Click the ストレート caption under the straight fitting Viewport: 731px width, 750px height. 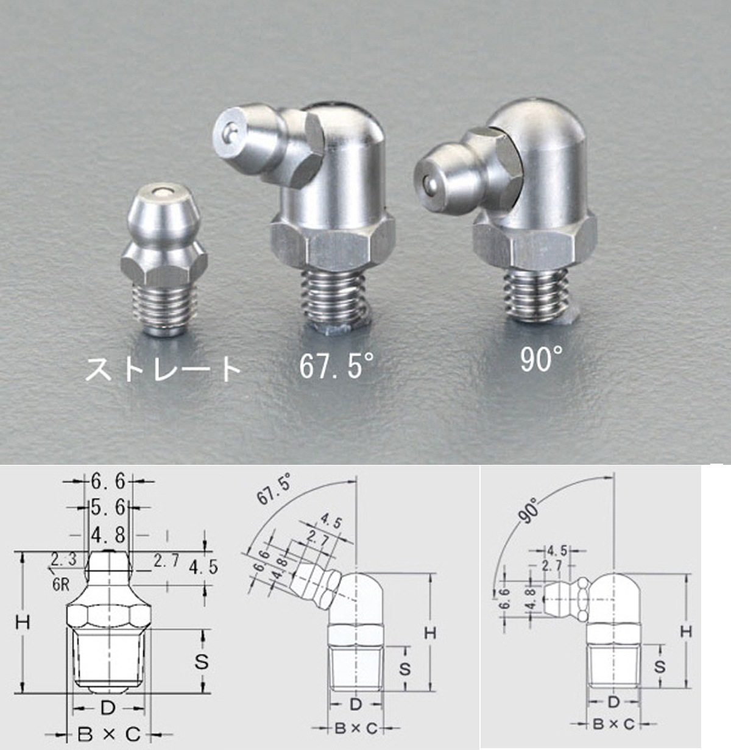click(x=163, y=369)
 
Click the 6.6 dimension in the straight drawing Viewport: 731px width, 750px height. click(x=108, y=482)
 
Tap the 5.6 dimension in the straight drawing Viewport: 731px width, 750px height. click(x=108, y=507)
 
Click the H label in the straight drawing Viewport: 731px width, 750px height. click(x=23, y=622)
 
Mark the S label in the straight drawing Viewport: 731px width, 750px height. click(x=201, y=661)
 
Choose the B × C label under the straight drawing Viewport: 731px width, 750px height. click(x=108, y=734)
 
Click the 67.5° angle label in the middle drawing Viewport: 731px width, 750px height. click(x=274, y=489)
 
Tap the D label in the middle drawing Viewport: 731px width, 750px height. click(x=356, y=705)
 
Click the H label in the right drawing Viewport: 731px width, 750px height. click(x=687, y=631)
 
